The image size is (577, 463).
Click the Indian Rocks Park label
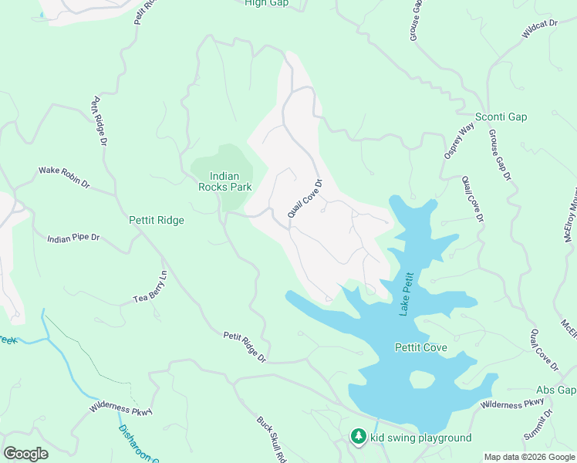click(x=224, y=181)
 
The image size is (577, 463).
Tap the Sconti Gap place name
click(x=501, y=117)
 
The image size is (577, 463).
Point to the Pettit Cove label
click(x=420, y=348)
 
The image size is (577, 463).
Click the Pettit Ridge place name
click(x=157, y=221)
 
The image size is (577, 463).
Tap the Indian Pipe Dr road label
click(x=74, y=238)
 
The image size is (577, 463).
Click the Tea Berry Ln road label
click(x=151, y=289)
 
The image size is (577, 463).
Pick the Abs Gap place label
click(x=556, y=390)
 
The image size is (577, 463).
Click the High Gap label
click(x=265, y=3)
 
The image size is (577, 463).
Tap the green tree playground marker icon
click(x=358, y=437)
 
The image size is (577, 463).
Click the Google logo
click(x=25, y=454)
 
